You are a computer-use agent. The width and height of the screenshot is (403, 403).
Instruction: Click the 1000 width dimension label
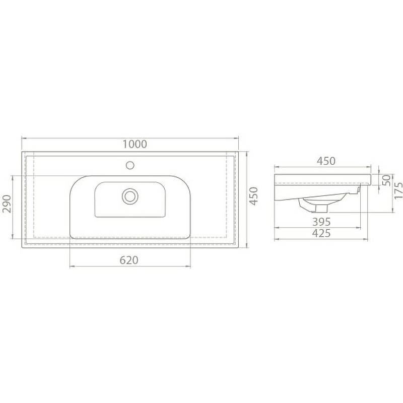pos(135,144)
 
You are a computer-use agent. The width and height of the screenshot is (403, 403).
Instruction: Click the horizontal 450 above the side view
pos(325,161)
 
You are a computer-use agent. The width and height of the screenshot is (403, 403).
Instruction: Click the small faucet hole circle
pos(130,165)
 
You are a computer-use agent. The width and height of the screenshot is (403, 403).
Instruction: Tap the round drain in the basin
pos(130,195)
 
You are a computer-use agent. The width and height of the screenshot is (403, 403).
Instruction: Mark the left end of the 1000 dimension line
pos(22,138)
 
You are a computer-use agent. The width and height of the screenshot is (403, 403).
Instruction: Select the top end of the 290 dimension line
pos(12,175)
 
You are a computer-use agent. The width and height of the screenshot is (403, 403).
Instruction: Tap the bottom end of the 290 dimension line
pos(12,238)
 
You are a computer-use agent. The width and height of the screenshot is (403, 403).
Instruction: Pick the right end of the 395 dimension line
pos(361,227)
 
